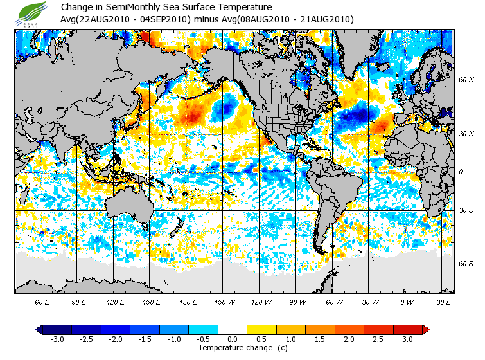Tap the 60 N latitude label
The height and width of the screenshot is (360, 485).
pos(466,80)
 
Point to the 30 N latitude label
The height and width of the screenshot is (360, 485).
pos(466,134)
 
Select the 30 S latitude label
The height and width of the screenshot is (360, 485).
pos(466,210)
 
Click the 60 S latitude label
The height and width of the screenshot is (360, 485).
pos(466,264)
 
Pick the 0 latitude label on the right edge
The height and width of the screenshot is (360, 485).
pos(461,172)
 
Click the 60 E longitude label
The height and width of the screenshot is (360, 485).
pos(42,301)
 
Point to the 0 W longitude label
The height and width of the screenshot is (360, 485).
pos(406,301)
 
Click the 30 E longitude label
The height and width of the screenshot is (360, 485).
pos(443,301)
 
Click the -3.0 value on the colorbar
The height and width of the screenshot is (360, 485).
pos(57,339)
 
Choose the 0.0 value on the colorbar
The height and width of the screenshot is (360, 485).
pos(233,339)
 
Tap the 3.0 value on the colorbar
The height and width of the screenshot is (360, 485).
pos(408,339)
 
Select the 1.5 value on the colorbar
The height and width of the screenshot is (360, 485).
pos(320,339)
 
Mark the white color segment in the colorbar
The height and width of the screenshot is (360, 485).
pos(233,329)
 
